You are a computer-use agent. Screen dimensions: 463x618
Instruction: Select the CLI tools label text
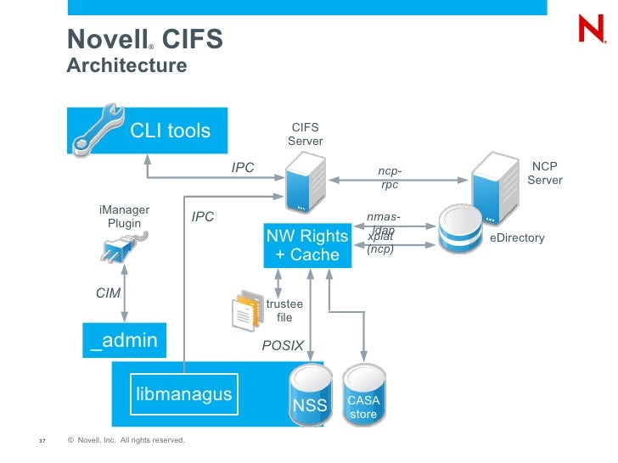click(170, 131)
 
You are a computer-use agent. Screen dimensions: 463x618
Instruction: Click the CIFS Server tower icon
click(304, 186)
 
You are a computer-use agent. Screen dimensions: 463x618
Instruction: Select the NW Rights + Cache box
click(307, 245)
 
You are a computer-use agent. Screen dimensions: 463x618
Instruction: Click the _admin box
click(124, 340)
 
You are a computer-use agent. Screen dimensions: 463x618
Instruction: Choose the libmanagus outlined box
click(183, 394)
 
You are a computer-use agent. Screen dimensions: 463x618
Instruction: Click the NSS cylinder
click(309, 394)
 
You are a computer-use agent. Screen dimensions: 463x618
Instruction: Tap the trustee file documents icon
click(246, 310)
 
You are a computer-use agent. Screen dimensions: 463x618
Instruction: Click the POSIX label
click(283, 346)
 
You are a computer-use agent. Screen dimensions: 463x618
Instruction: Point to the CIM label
click(108, 293)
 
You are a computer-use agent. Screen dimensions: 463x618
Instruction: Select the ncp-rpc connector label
click(390, 178)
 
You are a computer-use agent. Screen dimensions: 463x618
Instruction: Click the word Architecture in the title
click(126, 65)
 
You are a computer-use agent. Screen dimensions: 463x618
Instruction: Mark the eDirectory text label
click(517, 238)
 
